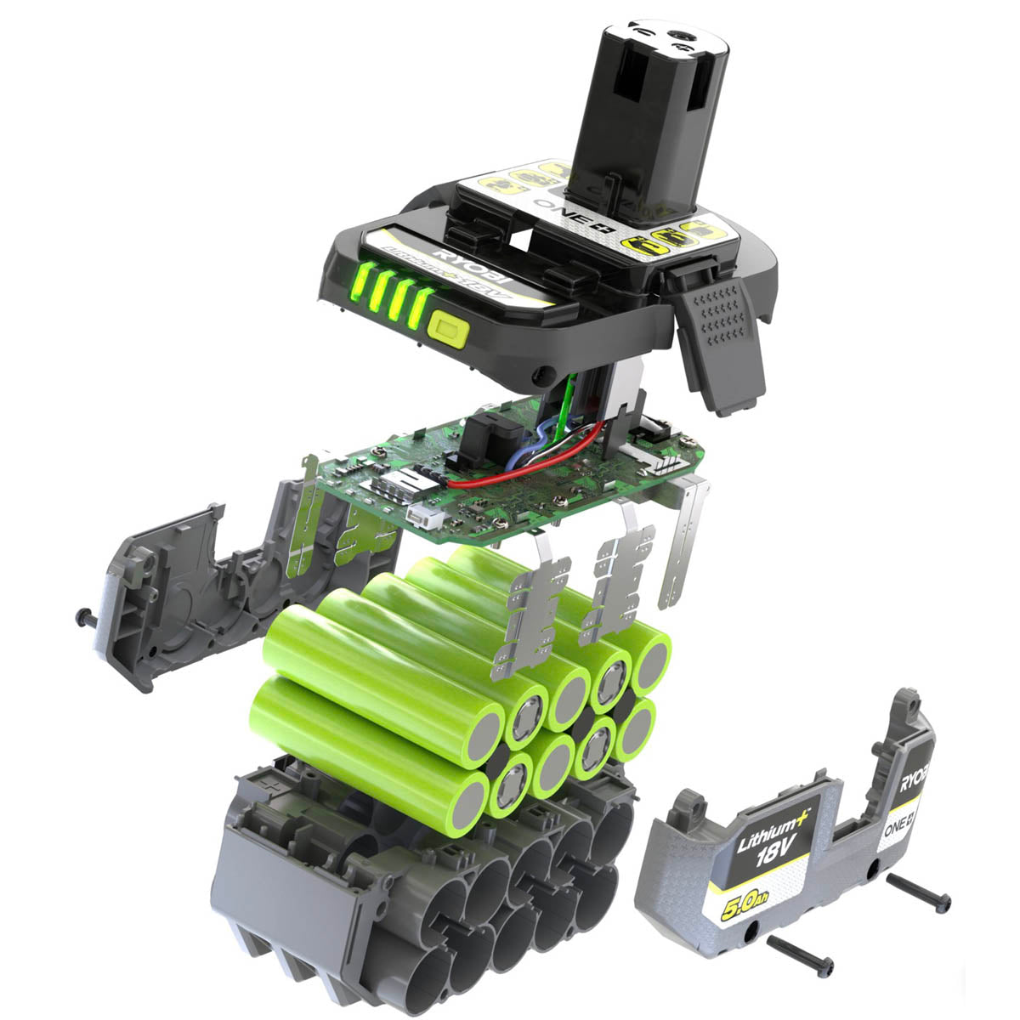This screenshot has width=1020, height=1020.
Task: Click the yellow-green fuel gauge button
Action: click(x=449, y=328)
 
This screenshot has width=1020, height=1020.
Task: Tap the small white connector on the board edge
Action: click(x=418, y=516)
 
